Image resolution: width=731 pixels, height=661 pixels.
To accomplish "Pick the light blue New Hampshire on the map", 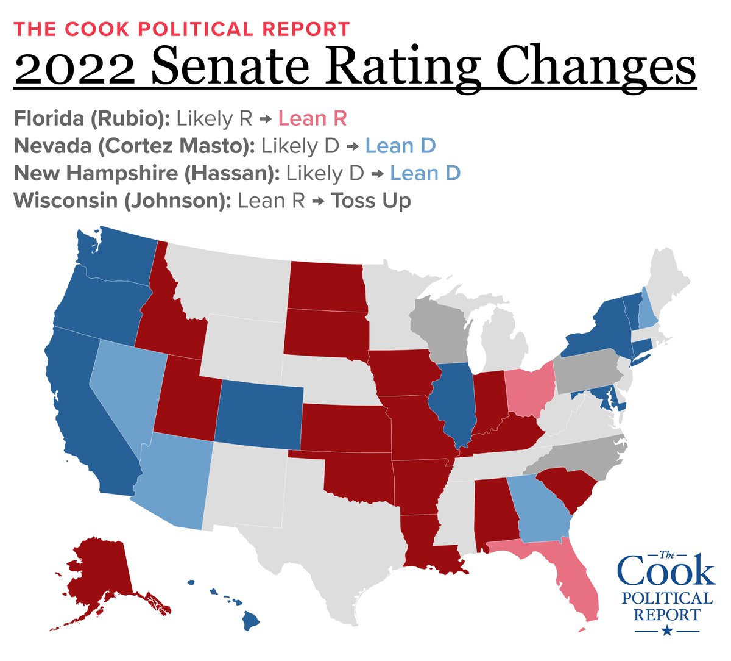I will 645,312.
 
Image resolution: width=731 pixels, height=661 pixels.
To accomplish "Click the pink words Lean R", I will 312,118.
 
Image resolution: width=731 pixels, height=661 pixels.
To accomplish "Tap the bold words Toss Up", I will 370,201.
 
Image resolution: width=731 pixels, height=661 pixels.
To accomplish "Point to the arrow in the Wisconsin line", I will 317,201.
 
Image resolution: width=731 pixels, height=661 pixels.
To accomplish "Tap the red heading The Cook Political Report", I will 182,29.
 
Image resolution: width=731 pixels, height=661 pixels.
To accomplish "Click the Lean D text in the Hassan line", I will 425,173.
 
